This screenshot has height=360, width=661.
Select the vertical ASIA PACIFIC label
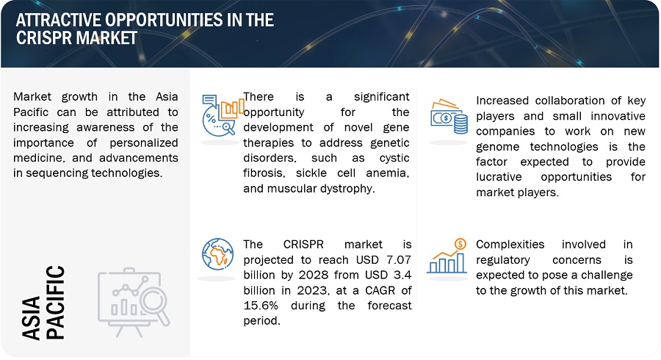pyautogui.click(x=43, y=302)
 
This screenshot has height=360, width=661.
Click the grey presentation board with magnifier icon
pyautogui.click(x=134, y=302)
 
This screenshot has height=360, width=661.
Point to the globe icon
pyautogui.click(x=217, y=254)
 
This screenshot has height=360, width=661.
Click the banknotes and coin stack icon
pyautogui.click(x=449, y=116)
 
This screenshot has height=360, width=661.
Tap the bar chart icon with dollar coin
pyautogui.click(x=447, y=256)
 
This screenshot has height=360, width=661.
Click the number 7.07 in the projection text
pyautogui.click(x=397, y=259)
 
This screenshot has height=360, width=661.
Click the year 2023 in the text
pyautogui.click(x=312, y=290)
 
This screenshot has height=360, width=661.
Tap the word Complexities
pyautogui.click(x=510, y=245)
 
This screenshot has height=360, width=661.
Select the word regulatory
pyautogui.click(x=503, y=260)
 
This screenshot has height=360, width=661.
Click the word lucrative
pyautogui.click(x=499, y=177)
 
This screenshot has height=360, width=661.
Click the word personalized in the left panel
pyautogui.click(x=144, y=143)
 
